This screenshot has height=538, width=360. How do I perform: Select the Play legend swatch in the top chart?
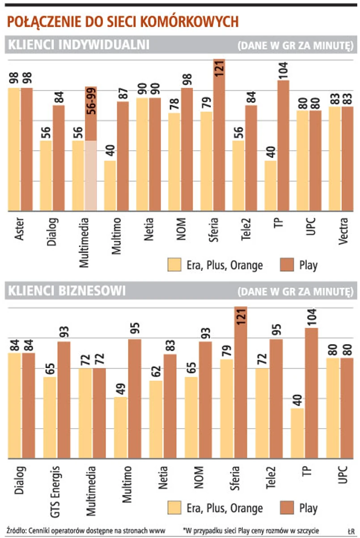pyautogui.click(x=286, y=265)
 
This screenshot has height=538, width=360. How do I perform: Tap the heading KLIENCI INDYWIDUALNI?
pyautogui.click(x=78, y=45)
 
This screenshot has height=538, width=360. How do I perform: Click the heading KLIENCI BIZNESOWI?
pyautogui.click(x=67, y=292)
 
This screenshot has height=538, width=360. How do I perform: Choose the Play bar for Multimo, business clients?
pyautogui.click(x=134, y=398)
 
